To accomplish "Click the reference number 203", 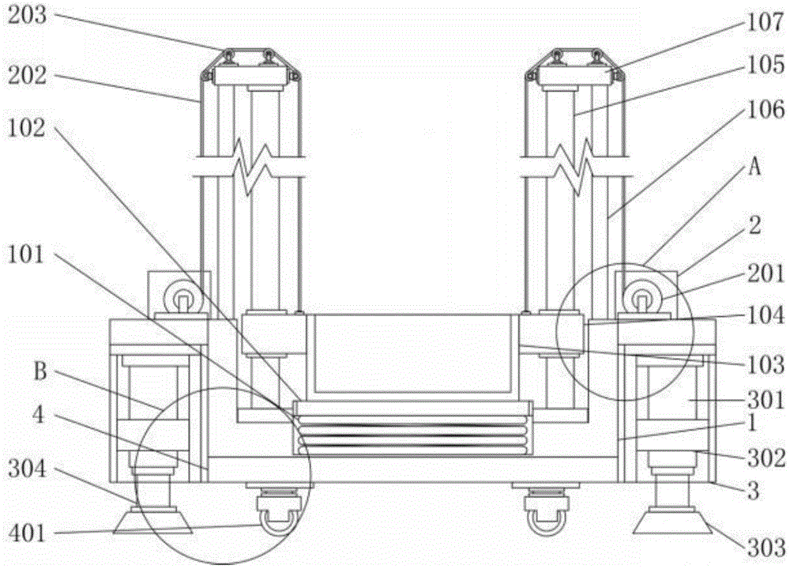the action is tap(27, 16).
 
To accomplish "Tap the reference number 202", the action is tap(27, 76).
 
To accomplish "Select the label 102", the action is tap(27, 128).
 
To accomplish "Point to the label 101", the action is tap(26, 254).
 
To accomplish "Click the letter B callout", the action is tap(39, 371).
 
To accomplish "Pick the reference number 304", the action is tap(27, 469).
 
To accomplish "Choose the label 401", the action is tap(27, 533).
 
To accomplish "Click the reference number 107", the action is tap(766, 23).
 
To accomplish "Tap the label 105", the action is tap(766, 65).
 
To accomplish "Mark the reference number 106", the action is tap(766, 110).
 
